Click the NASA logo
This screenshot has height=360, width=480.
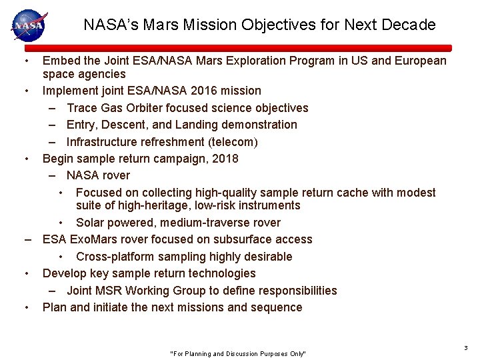[28, 25]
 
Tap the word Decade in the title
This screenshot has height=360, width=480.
[410, 25]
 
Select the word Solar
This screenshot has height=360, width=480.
[91, 223]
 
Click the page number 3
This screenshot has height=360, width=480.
[465, 348]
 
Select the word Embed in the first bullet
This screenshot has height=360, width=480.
[59, 61]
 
